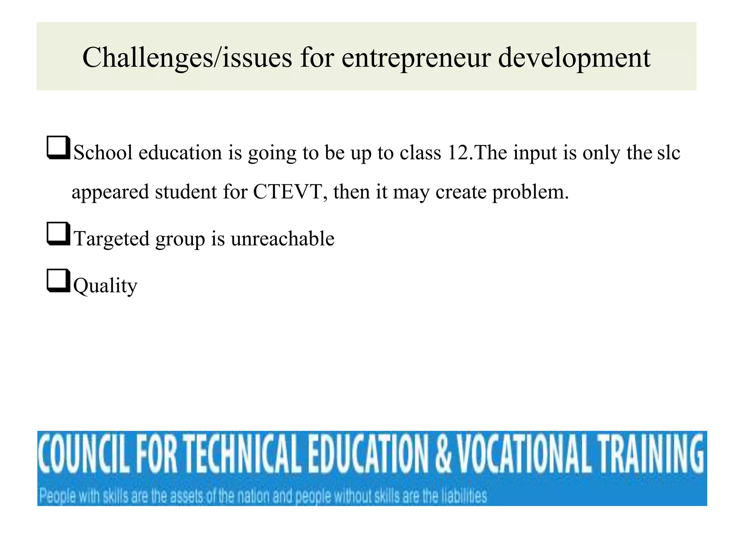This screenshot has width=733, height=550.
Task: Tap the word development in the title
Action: [574, 58]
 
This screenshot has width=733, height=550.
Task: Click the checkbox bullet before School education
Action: [58, 148]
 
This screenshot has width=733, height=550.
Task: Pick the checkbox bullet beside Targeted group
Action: [58, 233]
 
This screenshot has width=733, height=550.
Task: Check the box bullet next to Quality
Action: [58, 280]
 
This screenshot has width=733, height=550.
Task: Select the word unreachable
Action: [282, 238]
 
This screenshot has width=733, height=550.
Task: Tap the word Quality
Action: [105, 286]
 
